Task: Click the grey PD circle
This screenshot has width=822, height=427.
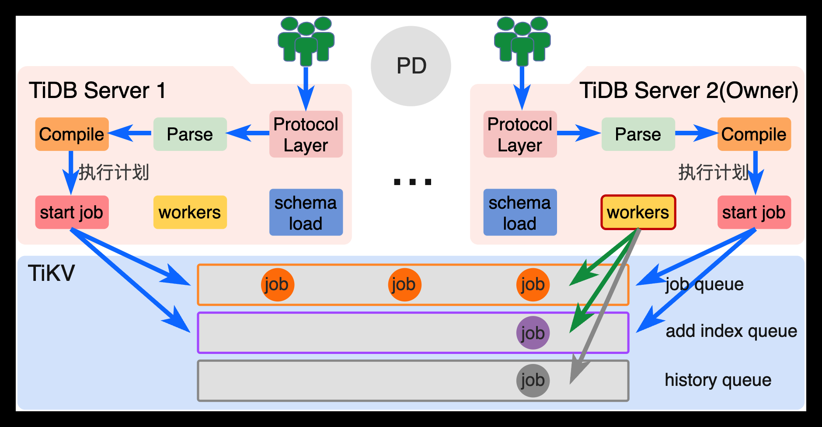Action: [411, 66]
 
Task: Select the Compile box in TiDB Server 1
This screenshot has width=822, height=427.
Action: [72, 134]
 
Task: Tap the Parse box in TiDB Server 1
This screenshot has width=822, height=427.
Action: [190, 134]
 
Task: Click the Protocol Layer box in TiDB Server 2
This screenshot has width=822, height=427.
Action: [520, 134]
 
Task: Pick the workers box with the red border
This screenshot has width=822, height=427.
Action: [638, 212]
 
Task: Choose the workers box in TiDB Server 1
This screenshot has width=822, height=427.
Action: [190, 212]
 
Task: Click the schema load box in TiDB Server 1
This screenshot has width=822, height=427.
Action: [306, 212]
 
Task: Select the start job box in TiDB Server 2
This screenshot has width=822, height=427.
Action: [754, 212]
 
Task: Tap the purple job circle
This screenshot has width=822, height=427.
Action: [533, 333]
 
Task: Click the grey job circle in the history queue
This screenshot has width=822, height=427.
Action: [533, 380]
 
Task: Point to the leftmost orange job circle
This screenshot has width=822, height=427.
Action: [277, 285]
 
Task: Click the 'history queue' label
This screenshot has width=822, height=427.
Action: [718, 380]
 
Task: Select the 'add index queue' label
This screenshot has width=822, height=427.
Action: [731, 331]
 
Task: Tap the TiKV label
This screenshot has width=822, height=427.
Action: [51, 273]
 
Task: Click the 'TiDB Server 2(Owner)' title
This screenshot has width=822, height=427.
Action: [689, 91]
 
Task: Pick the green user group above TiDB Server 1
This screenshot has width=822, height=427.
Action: [306, 39]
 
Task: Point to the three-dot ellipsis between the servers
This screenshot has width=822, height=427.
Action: [412, 182]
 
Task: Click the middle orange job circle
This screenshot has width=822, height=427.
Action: [404, 285]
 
